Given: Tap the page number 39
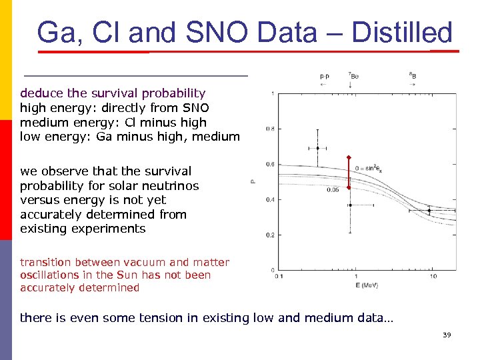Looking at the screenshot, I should pos(447,335).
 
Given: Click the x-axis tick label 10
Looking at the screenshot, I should pos(433,276).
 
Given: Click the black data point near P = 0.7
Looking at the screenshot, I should pos(318,148).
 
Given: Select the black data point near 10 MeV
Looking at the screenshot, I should pos(429,211).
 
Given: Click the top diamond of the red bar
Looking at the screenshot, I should pos(348,157).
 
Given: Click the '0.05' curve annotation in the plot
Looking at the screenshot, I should pos(333,190).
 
